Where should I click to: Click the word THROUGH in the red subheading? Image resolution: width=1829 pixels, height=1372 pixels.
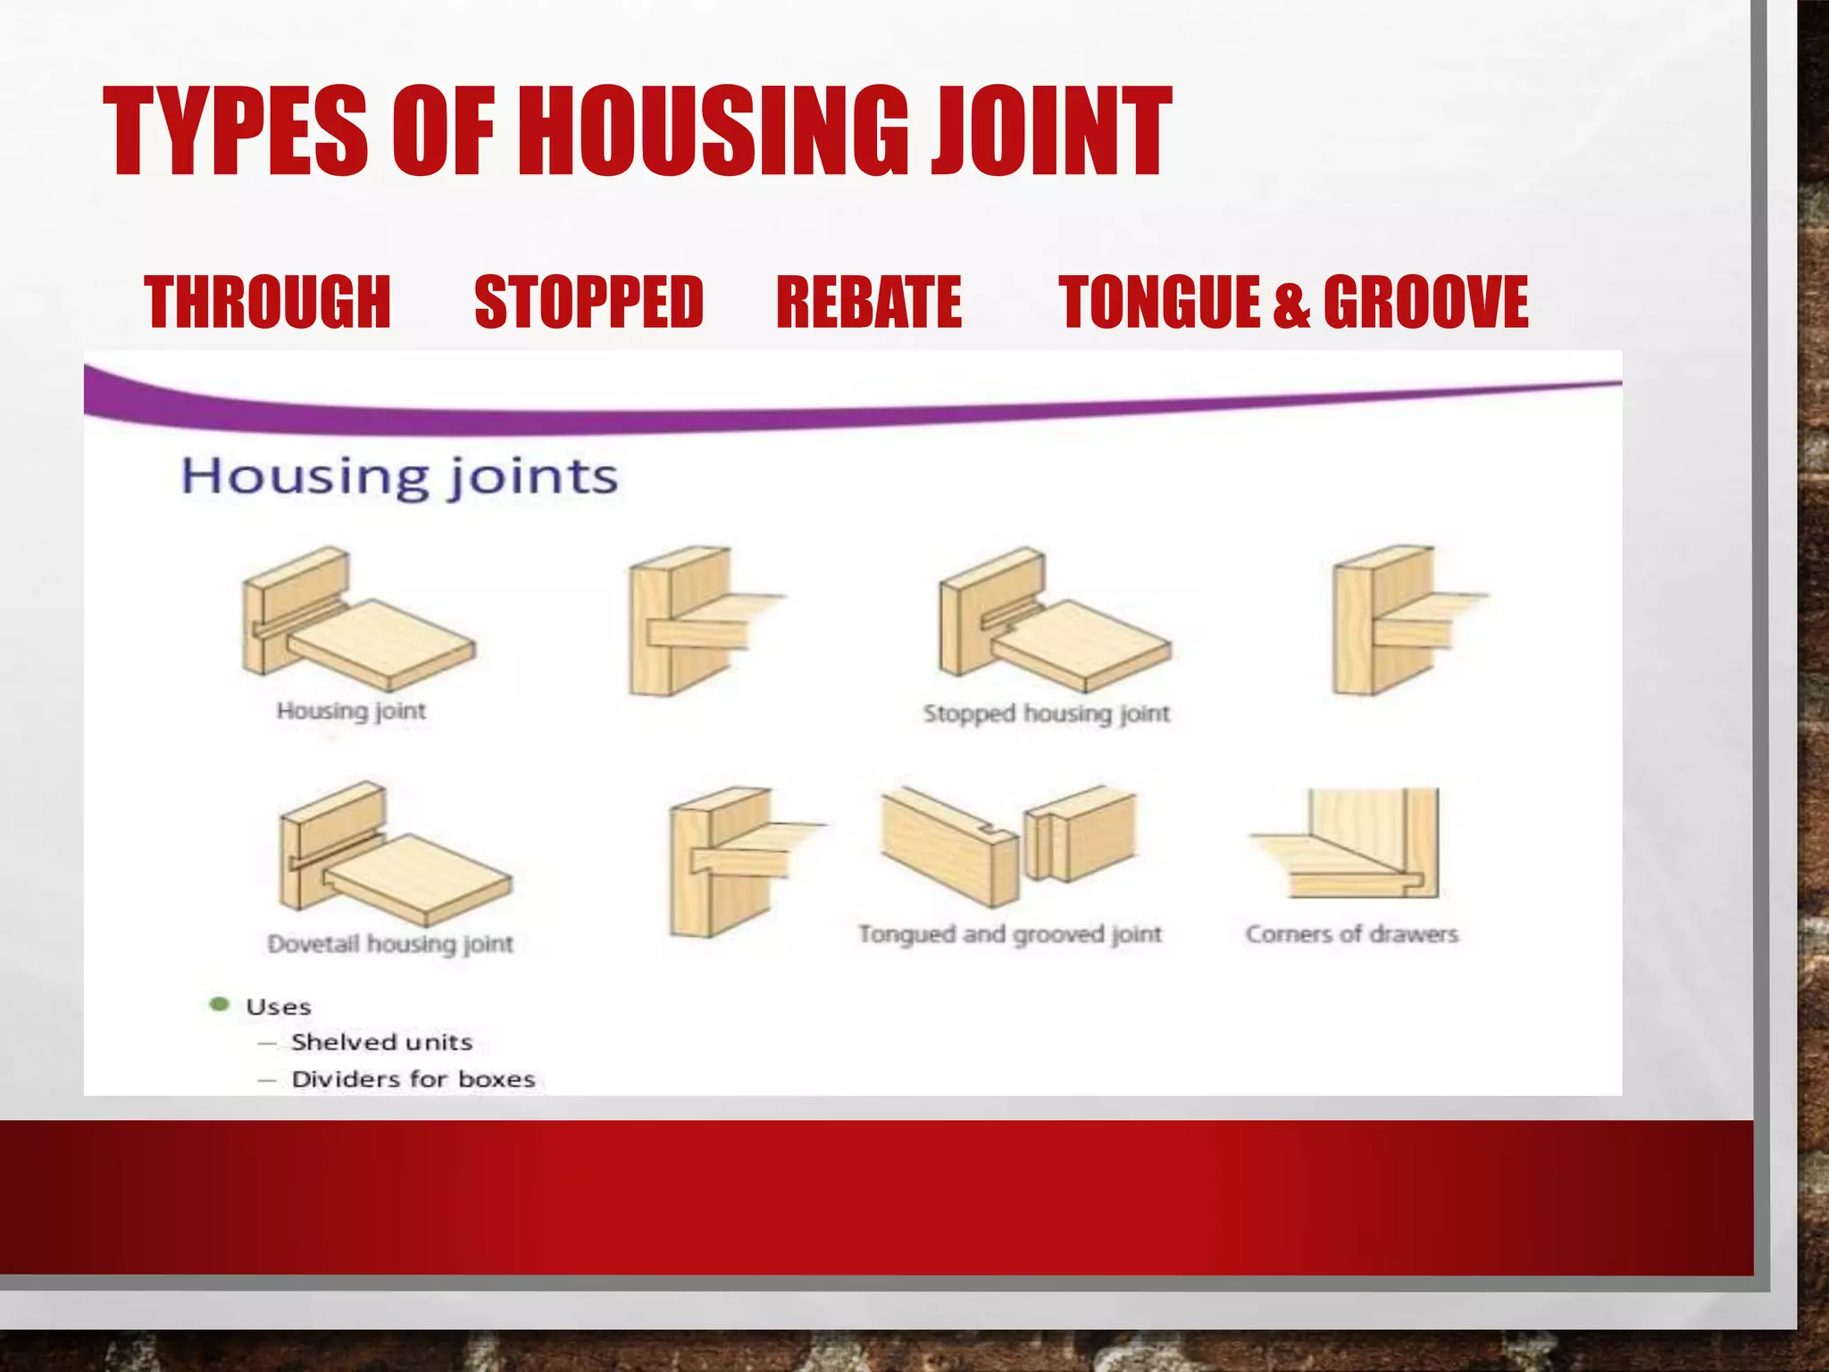(267, 302)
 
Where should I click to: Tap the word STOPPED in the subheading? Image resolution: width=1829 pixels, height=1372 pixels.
(589, 302)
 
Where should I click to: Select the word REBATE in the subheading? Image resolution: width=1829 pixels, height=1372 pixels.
(869, 302)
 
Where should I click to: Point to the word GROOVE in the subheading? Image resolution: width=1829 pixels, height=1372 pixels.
(1425, 302)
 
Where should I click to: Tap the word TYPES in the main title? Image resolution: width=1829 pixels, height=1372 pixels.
(236, 131)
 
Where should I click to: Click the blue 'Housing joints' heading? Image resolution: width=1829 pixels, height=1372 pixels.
(399, 476)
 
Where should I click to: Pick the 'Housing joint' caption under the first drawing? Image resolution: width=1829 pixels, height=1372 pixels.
(351, 711)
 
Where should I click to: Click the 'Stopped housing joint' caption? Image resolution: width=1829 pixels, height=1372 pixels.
(1046, 714)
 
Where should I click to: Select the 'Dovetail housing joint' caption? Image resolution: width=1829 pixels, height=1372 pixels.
(390, 944)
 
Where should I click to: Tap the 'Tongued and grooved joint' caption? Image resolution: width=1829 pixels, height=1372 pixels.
(1010, 934)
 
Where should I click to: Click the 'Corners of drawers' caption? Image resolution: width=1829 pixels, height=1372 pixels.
(1351, 934)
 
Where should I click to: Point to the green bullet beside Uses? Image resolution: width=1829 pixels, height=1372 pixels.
(219, 1005)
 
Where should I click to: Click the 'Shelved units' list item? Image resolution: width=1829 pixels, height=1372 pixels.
(381, 1042)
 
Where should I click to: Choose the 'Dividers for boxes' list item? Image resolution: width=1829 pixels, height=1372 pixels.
(413, 1079)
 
